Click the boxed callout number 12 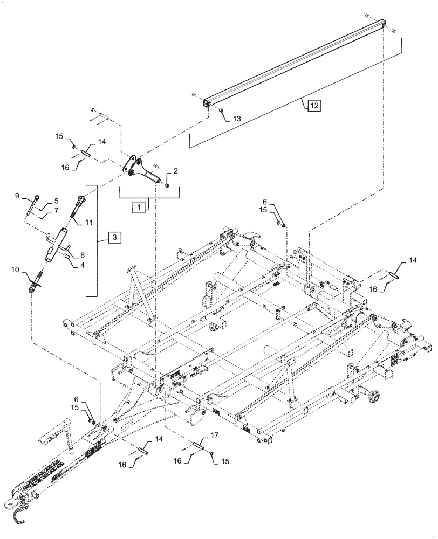click(314, 105)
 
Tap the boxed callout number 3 click(114, 236)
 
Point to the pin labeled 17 click(199, 444)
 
